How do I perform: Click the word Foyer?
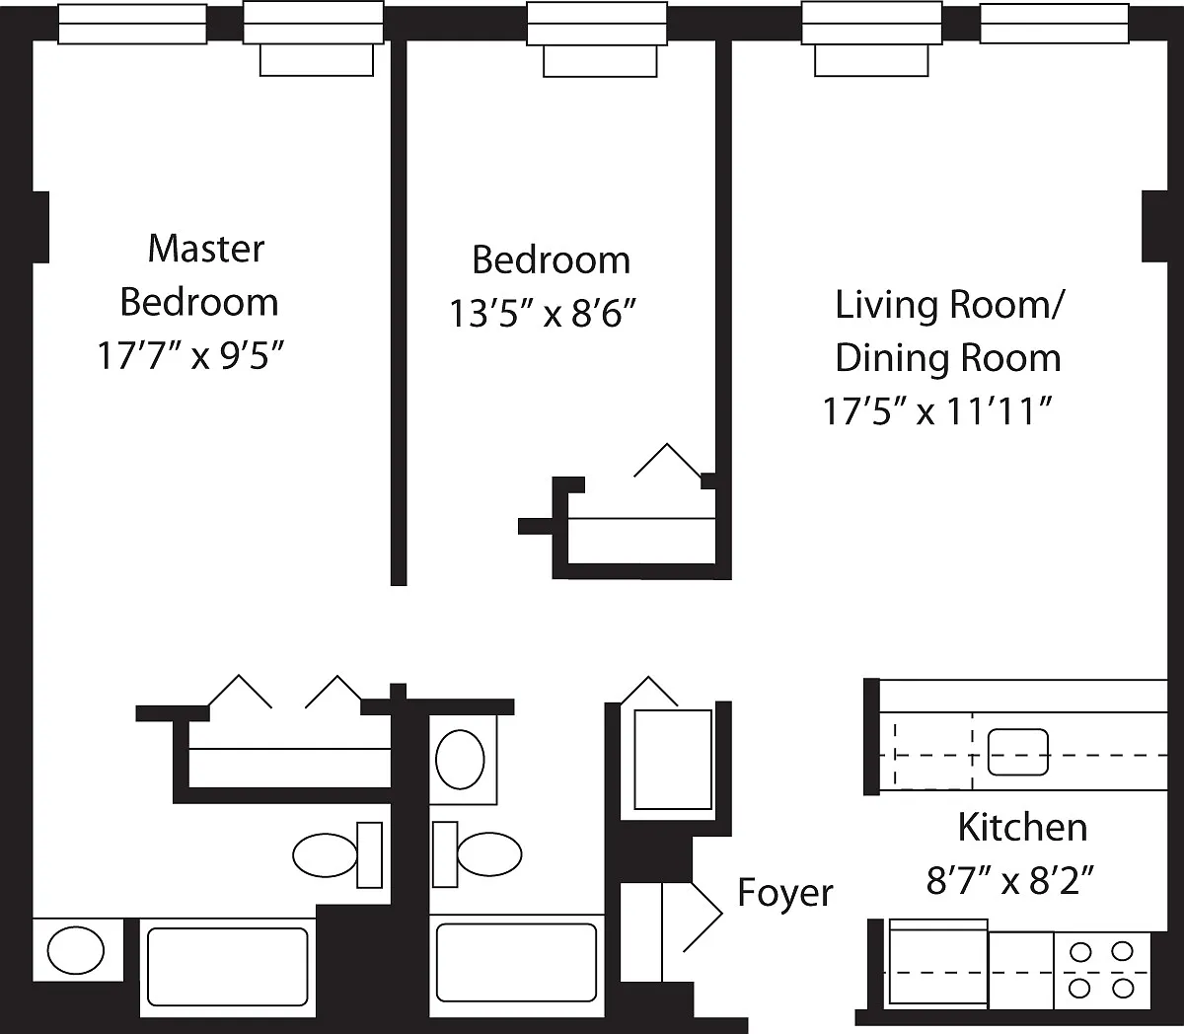785,892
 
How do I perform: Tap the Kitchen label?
1022,827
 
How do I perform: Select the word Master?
206,249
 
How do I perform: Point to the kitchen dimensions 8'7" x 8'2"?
1010,881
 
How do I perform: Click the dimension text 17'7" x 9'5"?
191,355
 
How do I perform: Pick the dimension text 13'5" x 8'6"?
543,314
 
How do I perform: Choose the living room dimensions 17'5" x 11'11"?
937,411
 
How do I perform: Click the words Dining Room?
948,357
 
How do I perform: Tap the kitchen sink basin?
1018,752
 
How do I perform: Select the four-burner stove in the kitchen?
1101,970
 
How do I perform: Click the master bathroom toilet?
337,854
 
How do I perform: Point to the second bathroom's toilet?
477,854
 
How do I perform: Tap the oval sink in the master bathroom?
76,950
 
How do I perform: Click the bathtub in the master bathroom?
227,966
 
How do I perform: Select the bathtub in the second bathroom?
516,962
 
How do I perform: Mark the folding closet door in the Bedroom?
667,461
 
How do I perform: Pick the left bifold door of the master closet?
239,692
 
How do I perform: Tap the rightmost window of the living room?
1054,24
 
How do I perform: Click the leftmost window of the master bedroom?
132,24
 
